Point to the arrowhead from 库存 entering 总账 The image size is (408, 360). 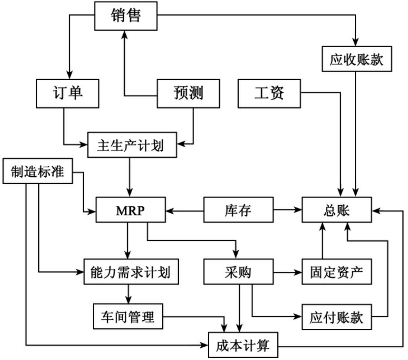coord(299,211)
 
